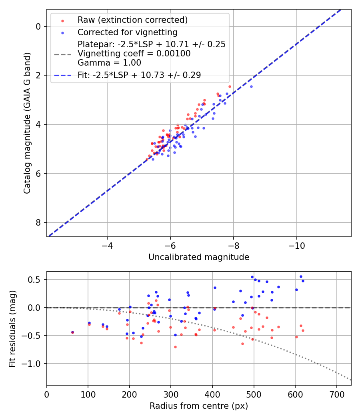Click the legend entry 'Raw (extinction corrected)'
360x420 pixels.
pos(132,20)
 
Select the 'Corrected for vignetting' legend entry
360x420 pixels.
pos(127,32)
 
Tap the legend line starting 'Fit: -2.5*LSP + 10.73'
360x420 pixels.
pos(139,74)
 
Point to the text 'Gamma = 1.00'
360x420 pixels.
pos(109,62)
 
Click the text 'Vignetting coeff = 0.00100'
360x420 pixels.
pos(134,53)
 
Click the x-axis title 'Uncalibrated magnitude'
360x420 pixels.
pos(199,257)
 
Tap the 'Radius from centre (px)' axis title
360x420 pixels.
pos(199,406)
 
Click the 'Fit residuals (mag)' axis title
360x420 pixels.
pos(12,328)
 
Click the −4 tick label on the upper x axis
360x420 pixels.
pos(107,245)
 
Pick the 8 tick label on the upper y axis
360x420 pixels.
pos(39,222)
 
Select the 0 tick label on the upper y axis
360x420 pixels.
pos(39,26)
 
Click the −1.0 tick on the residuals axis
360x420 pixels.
pos(34,364)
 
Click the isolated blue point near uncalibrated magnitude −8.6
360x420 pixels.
pos(251,86)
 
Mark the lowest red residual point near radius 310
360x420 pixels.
pos(175,347)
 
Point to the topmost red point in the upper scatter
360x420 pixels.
pos(230,86)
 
